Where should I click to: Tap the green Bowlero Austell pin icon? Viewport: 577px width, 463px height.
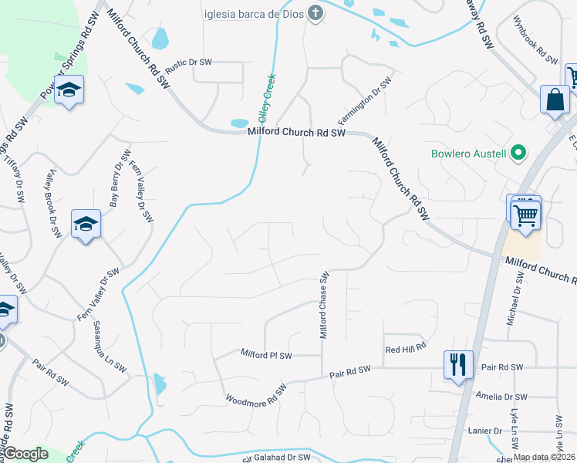tap(518, 153)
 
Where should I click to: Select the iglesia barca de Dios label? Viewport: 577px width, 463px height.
tap(255, 12)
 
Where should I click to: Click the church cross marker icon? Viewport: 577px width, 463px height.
tap(314, 12)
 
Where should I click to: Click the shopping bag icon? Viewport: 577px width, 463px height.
tap(555, 100)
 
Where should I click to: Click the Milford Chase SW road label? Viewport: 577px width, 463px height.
tap(325, 304)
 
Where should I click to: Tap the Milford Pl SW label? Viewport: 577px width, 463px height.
tap(266, 355)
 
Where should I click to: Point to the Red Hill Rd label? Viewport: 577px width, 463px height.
tap(406, 350)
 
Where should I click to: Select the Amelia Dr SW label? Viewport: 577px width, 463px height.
tap(501, 397)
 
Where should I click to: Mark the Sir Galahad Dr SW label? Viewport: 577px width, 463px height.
tap(275, 457)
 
